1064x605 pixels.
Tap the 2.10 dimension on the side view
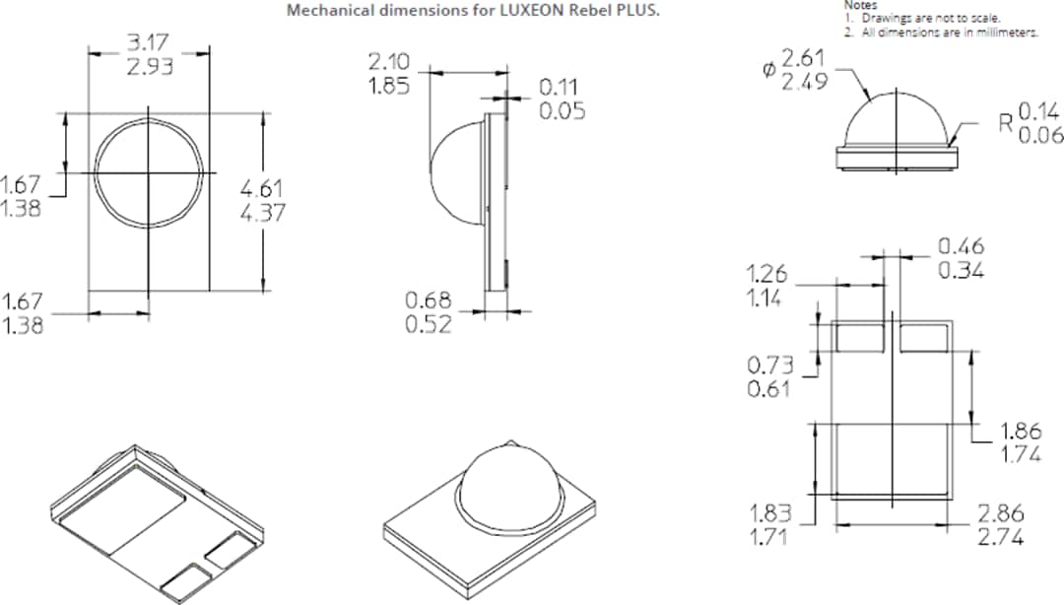[x=390, y=62]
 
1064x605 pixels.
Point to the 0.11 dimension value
[x=561, y=87]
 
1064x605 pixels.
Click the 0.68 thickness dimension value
[x=429, y=300]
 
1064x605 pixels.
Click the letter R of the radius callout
[x=1005, y=123]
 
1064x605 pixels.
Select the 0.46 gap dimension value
[x=960, y=245]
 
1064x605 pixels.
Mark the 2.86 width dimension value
[x=1000, y=513]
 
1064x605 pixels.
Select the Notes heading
[x=860, y=5]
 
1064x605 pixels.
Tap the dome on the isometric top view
[x=504, y=473]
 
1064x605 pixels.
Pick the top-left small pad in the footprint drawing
[x=859, y=337]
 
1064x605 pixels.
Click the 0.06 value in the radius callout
[x=1040, y=135]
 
